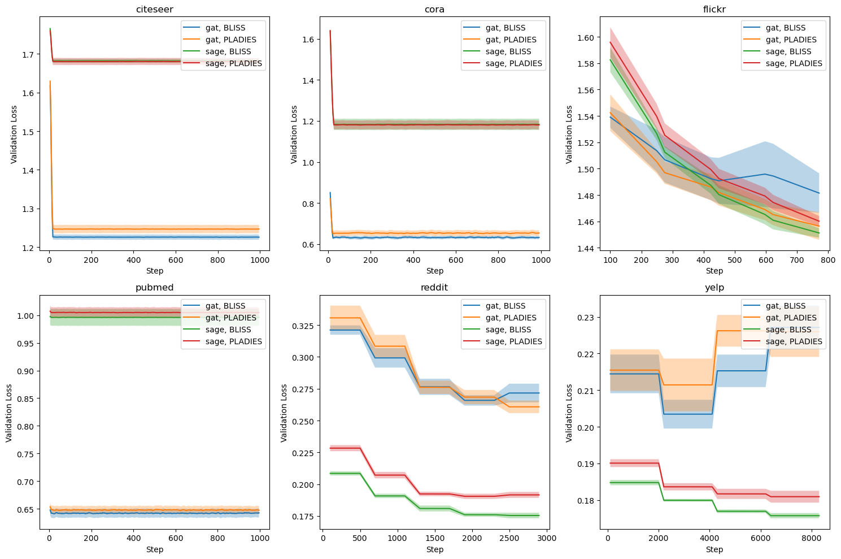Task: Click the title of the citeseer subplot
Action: pos(154,9)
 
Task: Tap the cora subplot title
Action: pos(434,9)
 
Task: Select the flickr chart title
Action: pos(714,9)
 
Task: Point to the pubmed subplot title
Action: pos(154,287)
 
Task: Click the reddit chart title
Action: pos(434,287)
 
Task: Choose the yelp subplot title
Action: pos(714,287)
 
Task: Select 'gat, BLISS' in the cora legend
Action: pos(506,28)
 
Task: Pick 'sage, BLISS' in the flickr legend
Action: pos(788,51)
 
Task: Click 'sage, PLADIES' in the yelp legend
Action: pos(794,341)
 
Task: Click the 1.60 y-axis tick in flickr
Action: pos(586,37)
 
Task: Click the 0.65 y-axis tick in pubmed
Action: pos(27,509)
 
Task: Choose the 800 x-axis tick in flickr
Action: pos(827,260)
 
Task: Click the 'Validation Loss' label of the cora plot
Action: pos(294,135)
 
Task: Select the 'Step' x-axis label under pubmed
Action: pos(154,549)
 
